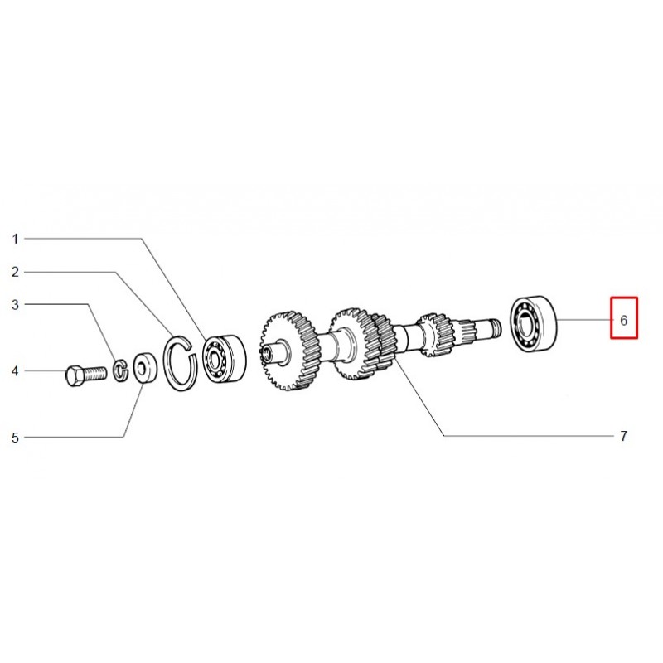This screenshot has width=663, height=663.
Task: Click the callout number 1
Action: tap(15, 239)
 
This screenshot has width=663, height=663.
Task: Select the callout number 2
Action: tap(15, 272)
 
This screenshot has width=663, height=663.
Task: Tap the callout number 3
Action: tap(15, 304)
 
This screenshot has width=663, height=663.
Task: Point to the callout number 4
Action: tap(15, 371)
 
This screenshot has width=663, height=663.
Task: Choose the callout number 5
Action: tap(15, 438)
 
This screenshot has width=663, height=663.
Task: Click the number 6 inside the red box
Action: tap(624, 321)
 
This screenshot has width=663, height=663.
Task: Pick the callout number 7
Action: tap(624, 436)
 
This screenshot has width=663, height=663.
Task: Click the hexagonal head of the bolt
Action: tap(75, 375)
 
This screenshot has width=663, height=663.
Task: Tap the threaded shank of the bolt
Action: tap(94, 374)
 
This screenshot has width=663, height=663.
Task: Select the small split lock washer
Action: tap(121, 370)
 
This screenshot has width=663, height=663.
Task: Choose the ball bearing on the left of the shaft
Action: tap(224, 359)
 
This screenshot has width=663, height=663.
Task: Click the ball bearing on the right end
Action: tap(534, 323)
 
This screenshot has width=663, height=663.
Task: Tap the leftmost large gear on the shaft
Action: tap(288, 351)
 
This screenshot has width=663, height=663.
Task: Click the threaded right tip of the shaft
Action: tap(494, 327)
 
